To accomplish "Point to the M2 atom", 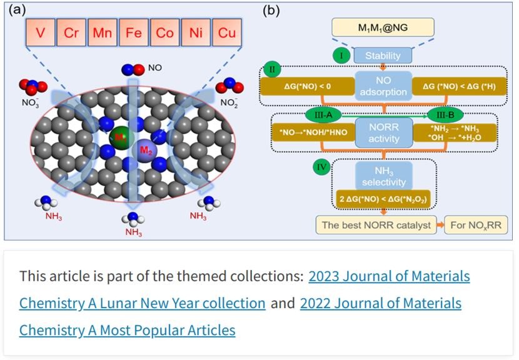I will tap(144, 150).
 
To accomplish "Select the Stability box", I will tap(383, 56).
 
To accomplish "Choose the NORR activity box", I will tap(383, 132).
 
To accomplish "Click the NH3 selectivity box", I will tap(383, 176).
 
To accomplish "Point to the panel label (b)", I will tap(271, 11).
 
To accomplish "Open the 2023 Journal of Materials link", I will tap(389, 276).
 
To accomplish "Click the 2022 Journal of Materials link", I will tap(380, 303).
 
